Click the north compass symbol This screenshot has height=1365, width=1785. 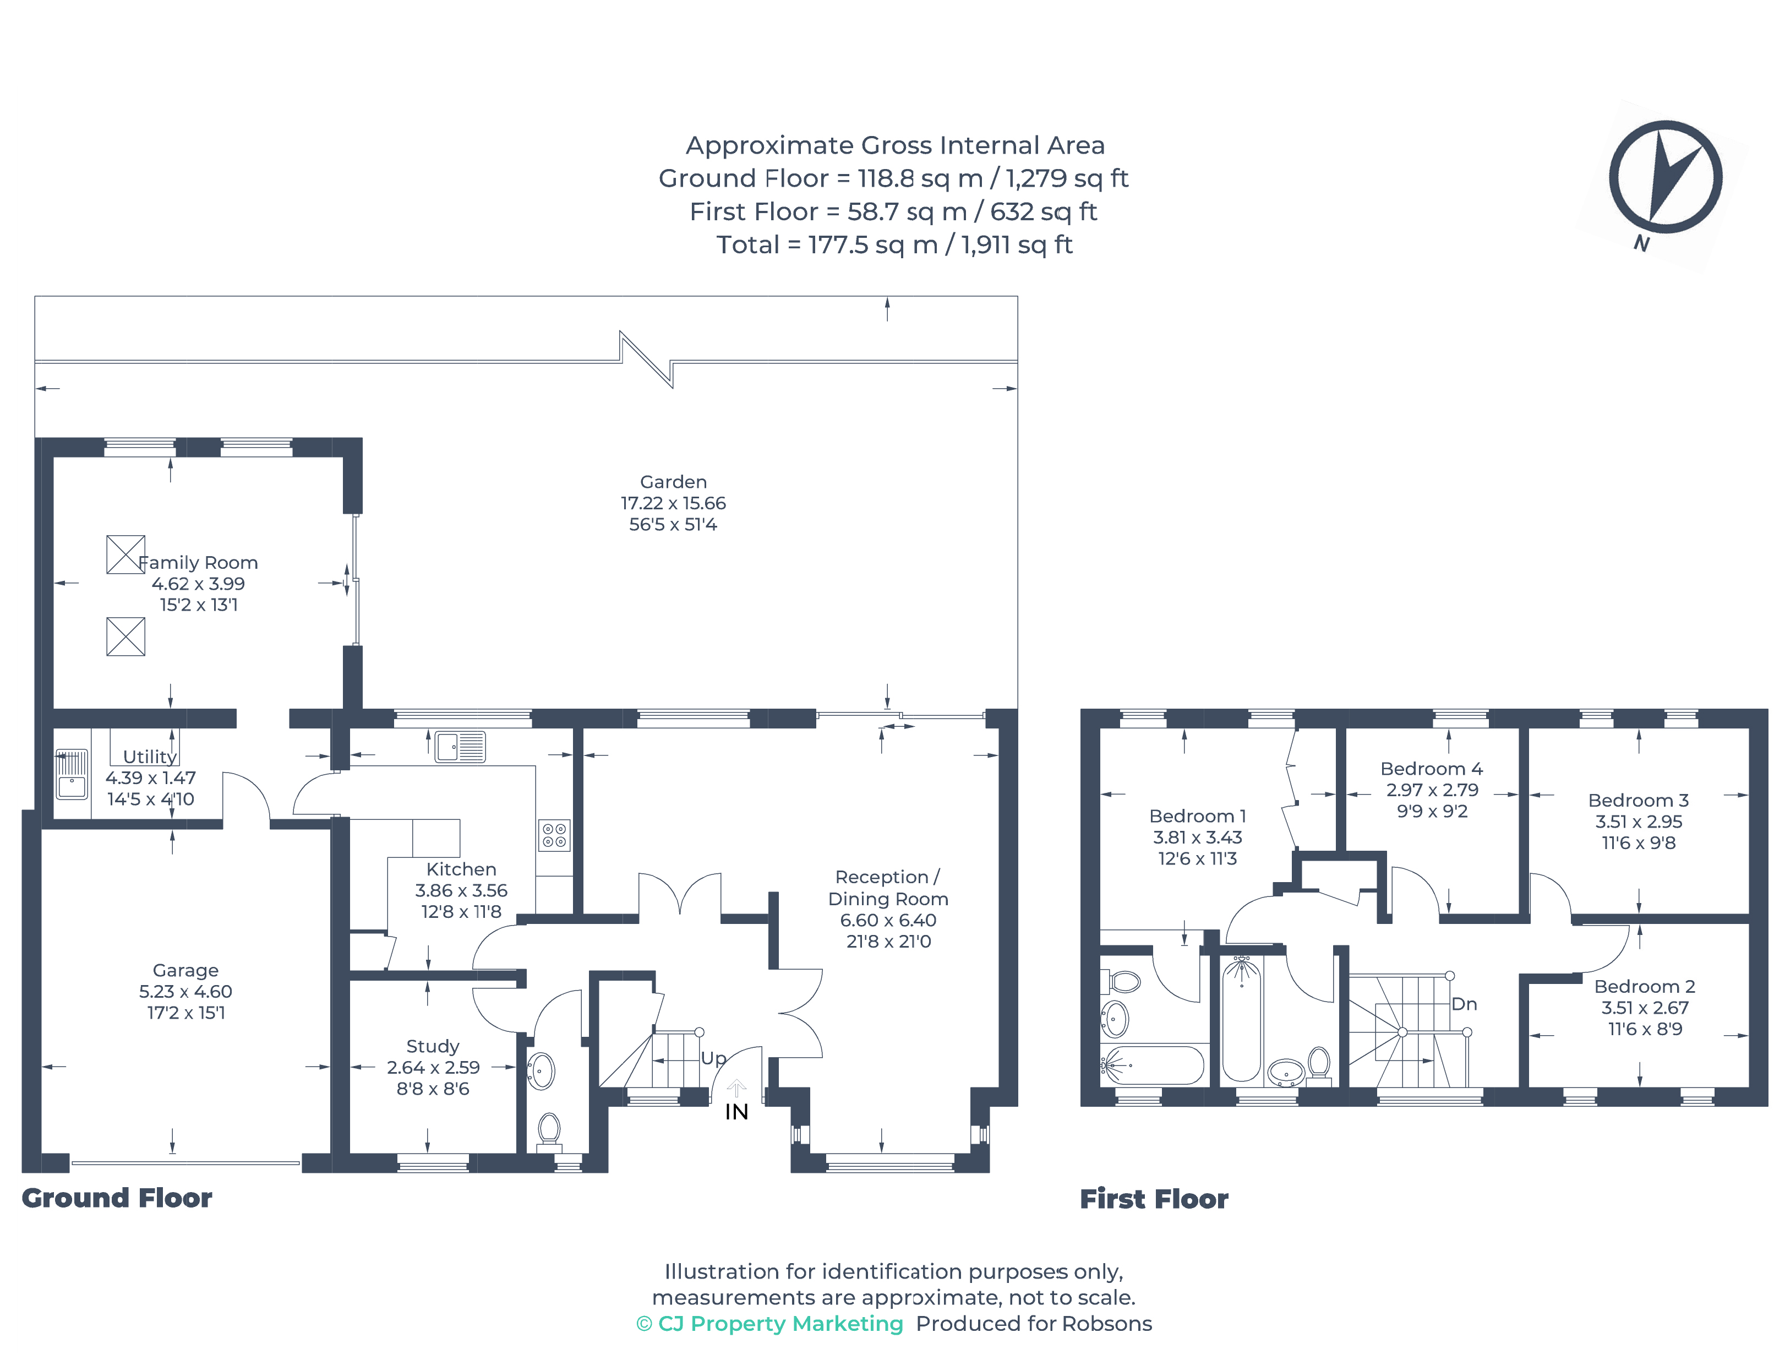tap(1665, 177)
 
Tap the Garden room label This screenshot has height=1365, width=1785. tap(673, 482)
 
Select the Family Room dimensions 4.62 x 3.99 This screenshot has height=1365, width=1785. tap(198, 583)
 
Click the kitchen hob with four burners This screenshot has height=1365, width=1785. tap(554, 835)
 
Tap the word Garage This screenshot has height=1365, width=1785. tap(186, 971)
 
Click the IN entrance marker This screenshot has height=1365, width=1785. tap(736, 1112)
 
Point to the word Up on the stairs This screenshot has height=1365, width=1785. tap(713, 1058)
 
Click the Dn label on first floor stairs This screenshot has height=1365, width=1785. tap(1464, 1004)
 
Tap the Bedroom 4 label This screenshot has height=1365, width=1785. tap(1432, 769)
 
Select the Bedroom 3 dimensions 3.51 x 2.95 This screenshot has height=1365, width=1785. tap(1639, 822)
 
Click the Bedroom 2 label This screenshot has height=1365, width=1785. tap(1645, 986)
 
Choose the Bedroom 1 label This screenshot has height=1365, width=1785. tap(1197, 815)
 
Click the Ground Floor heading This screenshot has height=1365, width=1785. tap(117, 1198)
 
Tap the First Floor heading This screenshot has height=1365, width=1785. tap(1154, 1199)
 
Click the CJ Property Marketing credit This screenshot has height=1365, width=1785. tap(769, 1324)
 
